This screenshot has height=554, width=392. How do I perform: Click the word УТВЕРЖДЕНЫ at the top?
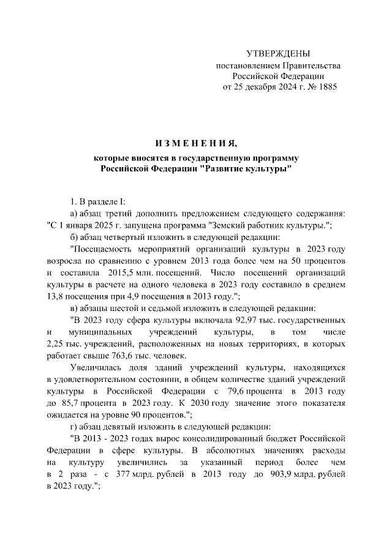click(x=277, y=54)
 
